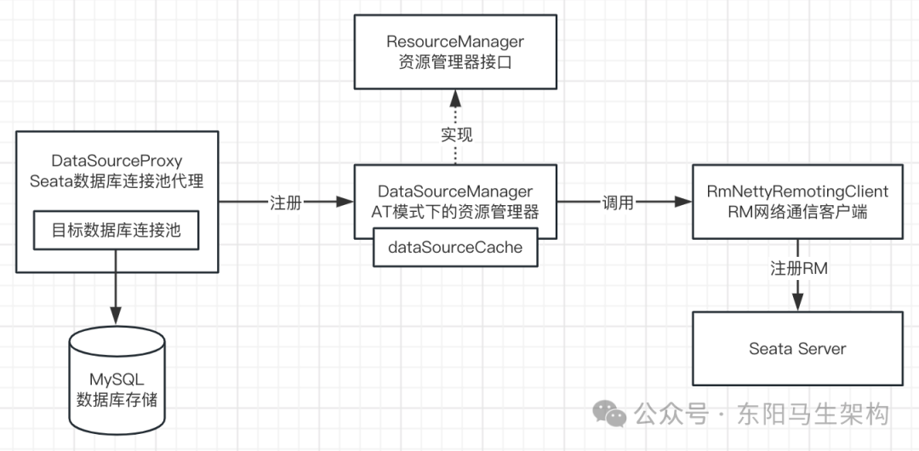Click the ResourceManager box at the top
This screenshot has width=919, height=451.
(455, 51)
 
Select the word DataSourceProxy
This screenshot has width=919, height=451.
(117, 161)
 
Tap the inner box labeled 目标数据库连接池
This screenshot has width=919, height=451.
(117, 231)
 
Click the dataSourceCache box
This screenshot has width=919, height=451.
(455, 248)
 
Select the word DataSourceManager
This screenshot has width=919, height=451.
(455, 191)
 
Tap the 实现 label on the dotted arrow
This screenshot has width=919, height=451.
(456, 134)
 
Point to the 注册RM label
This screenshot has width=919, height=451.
(798, 268)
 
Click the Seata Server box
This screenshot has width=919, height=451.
(797, 349)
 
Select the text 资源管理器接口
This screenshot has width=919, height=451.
(455, 62)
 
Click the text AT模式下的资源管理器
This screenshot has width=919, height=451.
(455, 212)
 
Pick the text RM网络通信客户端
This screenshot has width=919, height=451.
(797, 212)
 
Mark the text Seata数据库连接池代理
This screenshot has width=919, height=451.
(117, 180)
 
